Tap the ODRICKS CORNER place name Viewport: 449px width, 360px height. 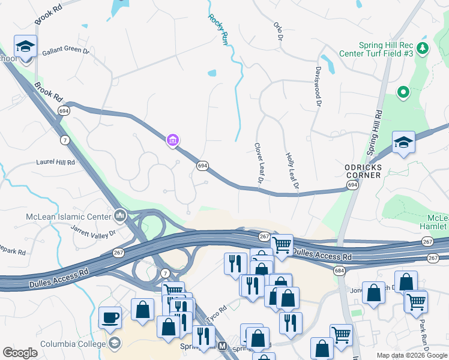pos(363,171)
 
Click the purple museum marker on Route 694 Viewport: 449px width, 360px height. pos(173,140)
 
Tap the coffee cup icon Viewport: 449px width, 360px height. pos(110,317)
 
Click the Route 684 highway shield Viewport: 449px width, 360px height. pos(340,272)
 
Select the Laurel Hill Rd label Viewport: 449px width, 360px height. pos(55,162)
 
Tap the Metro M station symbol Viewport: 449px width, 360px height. pos(223,346)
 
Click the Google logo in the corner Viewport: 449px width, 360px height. pos(20,353)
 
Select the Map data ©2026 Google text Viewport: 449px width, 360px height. pos(411,355)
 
